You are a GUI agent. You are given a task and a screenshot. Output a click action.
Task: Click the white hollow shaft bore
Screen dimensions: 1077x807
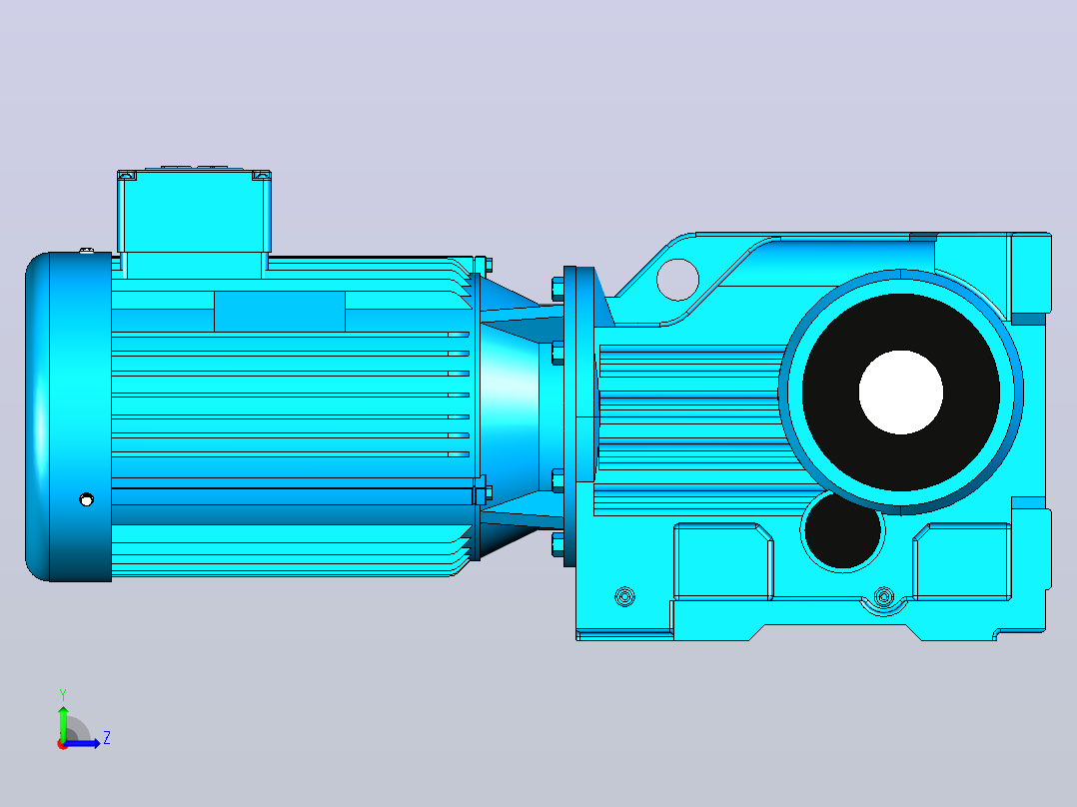click(900, 393)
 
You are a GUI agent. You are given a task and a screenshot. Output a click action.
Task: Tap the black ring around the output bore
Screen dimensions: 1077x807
click(831, 393)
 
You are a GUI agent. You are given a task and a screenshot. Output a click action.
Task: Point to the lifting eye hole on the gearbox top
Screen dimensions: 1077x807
click(677, 280)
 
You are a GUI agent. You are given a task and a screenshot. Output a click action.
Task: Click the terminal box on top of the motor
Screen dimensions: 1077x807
click(195, 222)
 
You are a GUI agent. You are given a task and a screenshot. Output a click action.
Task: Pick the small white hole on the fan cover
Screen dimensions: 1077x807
click(87, 499)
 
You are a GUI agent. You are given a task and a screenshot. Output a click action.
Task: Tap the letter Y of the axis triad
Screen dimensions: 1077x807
click(63, 694)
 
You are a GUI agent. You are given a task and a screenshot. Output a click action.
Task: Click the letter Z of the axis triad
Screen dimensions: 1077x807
click(107, 738)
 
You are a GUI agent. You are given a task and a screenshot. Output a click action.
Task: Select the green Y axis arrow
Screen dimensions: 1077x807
click(63, 722)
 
